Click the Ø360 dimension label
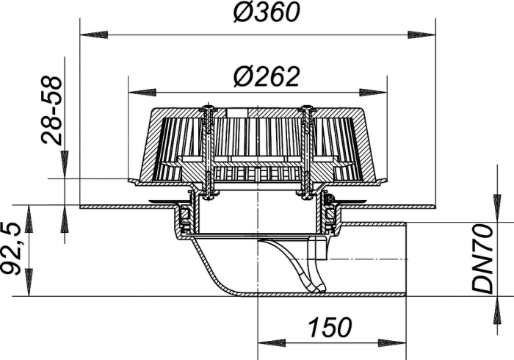[x=267, y=13]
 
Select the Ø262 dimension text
[x=267, y=77]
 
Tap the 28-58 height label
[x=52, y=110]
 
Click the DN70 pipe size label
[x=482, y=259]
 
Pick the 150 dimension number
[x=330, y=327]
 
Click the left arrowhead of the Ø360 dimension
[x=94, y=35]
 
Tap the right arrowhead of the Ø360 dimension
[x=421, y=35]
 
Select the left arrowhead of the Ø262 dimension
[x=142, y=93]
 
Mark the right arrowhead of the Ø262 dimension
[x=373, y=93]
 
